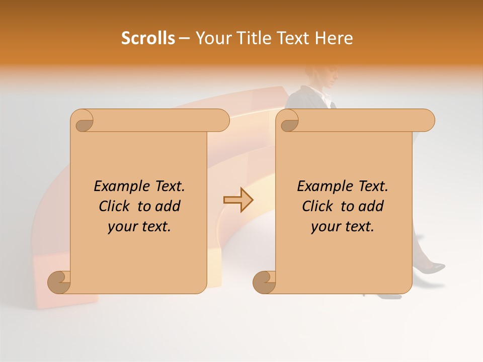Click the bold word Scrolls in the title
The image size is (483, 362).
(x=148, y=38)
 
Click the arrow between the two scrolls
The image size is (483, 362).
(x=238, y=200)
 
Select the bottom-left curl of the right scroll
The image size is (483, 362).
(x=265, y=282)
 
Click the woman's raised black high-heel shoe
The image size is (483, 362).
(x=433, y=267)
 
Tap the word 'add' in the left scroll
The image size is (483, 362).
(x=169, y=206)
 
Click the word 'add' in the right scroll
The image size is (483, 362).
(x=372, y=206)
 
